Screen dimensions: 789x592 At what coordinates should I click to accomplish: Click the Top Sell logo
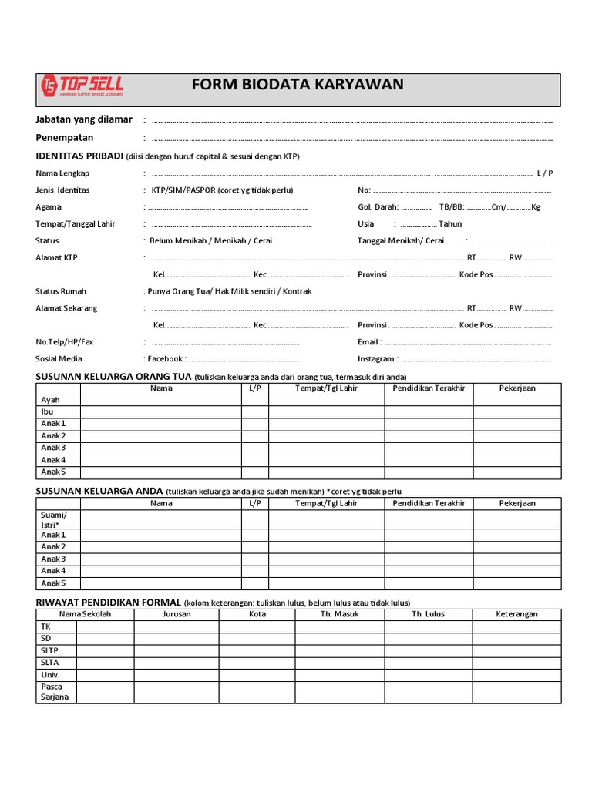click(81, 87)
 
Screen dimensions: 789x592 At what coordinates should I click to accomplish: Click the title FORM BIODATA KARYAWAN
click(298, 85)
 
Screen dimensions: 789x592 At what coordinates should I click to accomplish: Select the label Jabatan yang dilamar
click(84, 119)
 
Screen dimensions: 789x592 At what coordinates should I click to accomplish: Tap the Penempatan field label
click(65, 137)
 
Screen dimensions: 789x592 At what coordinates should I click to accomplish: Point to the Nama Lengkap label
click(62, 173)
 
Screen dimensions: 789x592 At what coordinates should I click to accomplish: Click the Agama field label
click(49, 206)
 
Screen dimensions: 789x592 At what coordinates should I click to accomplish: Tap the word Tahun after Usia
click(450, 224)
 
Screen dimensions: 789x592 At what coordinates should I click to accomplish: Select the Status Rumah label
click(61, 291)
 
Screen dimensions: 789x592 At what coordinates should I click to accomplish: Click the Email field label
click(369, 341)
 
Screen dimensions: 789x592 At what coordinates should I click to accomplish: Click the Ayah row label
click(50, 400)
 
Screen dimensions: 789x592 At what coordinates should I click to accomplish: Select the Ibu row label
click(47, 411)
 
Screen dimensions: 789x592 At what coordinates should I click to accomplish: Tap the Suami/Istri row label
click(54, 519)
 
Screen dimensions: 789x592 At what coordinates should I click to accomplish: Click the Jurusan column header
click(177, 614)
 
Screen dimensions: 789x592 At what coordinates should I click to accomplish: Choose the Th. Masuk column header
click(339, 614)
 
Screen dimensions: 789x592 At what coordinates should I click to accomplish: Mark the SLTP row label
click(50, 650)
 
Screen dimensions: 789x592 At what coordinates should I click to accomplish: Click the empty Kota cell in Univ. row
click(257, 674)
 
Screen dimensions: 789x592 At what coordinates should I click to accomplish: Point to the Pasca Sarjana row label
click(54, 691)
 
